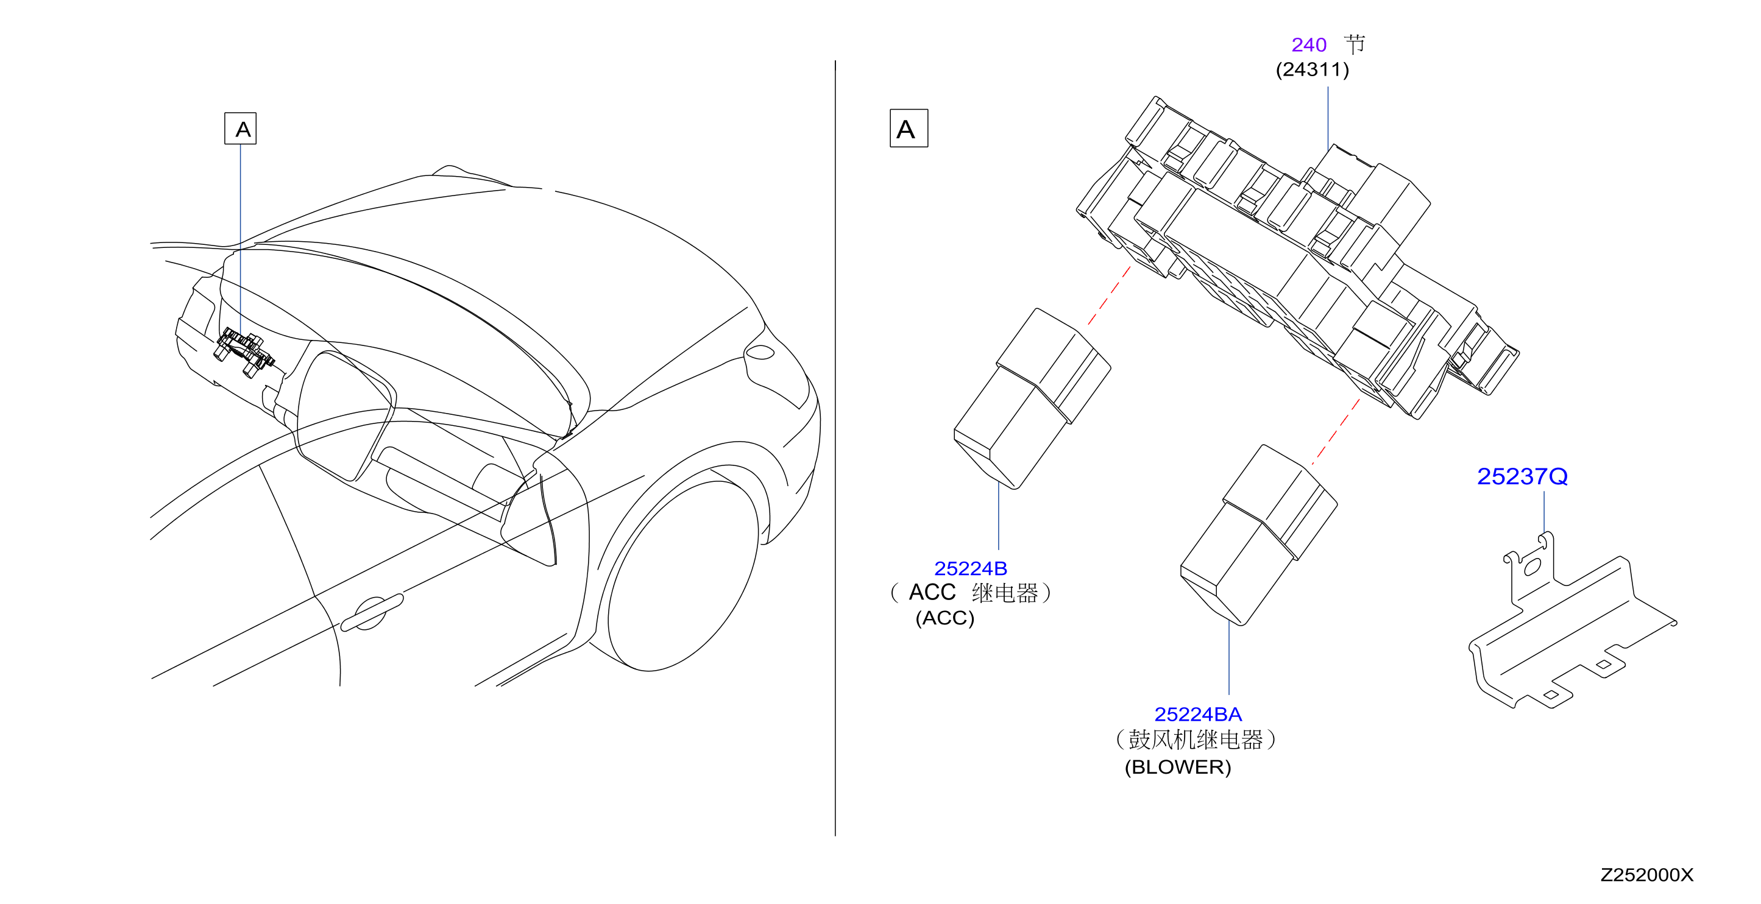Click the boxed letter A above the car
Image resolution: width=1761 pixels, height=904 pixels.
[x=241, y=129]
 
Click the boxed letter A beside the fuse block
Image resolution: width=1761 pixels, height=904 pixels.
[x=909, y=129]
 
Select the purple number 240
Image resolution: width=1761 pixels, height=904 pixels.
[x=1308, y=45]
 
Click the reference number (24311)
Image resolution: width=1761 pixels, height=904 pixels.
[x=1312, y=69]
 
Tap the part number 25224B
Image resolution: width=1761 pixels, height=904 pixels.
[x=970, y=568]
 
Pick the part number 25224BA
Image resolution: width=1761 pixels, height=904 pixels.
[x=1198, y=715]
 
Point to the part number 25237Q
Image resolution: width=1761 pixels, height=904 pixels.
[x=1522, y=476]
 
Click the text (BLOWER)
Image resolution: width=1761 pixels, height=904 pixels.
[x=1177, y=768]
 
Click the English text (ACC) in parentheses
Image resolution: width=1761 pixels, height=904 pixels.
[x=944, y=618]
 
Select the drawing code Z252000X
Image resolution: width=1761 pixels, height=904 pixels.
[x=1646, y=875]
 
